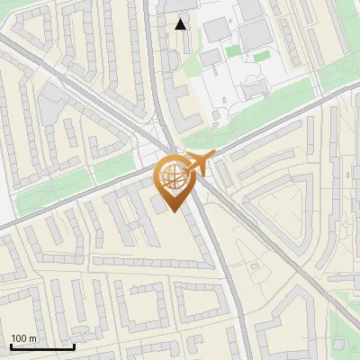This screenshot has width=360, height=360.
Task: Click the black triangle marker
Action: (181, 24)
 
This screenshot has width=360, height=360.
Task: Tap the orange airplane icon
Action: (202, 163)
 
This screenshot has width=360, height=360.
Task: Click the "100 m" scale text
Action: (23, 338)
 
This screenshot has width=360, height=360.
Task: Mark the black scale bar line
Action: (42, 346)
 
